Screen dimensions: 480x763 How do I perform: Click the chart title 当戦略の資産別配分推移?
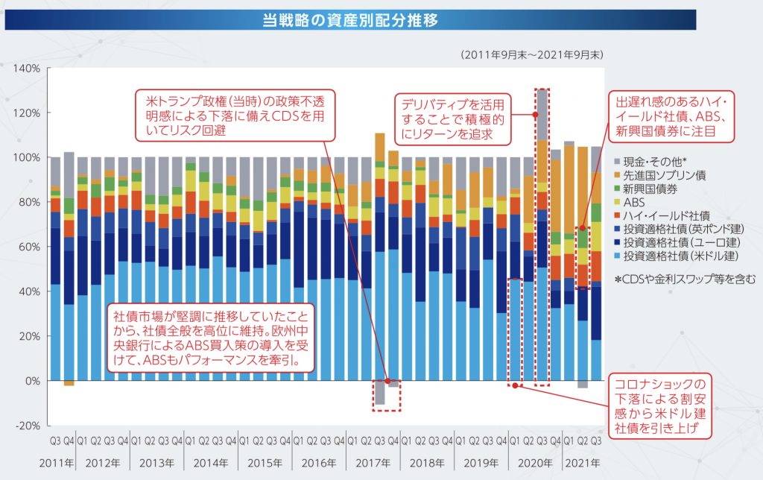349,20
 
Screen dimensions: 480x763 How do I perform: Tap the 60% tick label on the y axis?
30,247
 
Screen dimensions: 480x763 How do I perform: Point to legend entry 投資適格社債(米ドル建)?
679,256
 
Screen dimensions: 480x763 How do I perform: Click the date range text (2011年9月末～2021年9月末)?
532,55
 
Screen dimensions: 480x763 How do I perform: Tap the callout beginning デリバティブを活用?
453,119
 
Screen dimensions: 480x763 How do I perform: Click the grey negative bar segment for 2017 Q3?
380,393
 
